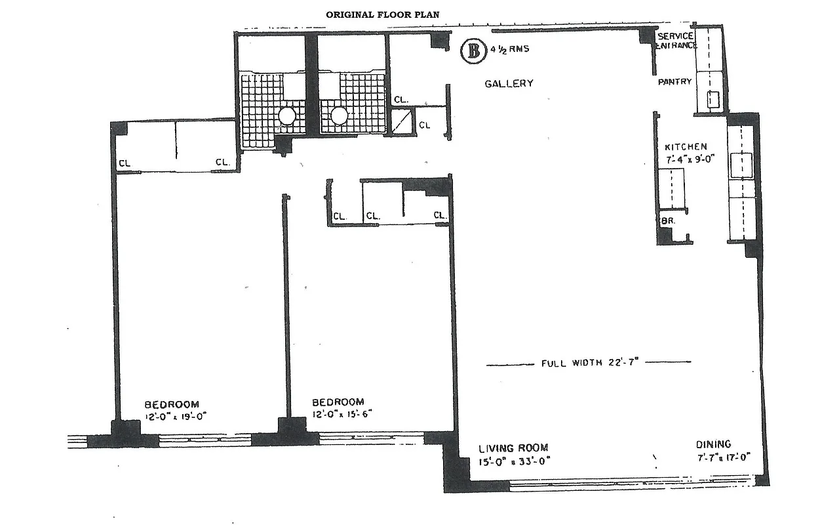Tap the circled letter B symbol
473,51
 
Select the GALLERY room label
509,83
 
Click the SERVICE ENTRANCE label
676,41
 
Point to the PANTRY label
675,82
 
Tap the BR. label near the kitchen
668,221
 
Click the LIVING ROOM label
513,448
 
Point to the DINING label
714,444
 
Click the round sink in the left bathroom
287,116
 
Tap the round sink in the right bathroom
339,116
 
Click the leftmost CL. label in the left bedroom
125,163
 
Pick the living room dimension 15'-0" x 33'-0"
513,460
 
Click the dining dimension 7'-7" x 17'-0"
723,456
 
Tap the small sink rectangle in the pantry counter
713,100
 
